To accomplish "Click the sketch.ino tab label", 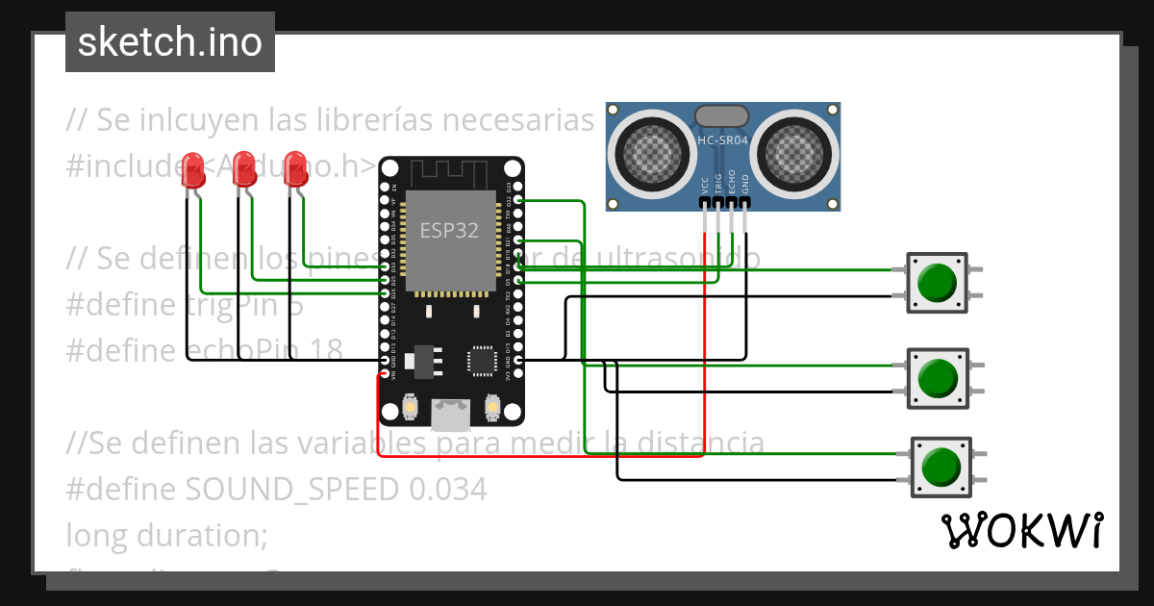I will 169,42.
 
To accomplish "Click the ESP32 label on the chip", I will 448,231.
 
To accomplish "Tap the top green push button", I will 937,282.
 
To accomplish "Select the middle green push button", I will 937,376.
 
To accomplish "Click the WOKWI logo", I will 1021,530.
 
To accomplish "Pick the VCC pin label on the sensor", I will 705,185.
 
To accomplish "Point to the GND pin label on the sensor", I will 745,185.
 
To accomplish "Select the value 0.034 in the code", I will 448,490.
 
